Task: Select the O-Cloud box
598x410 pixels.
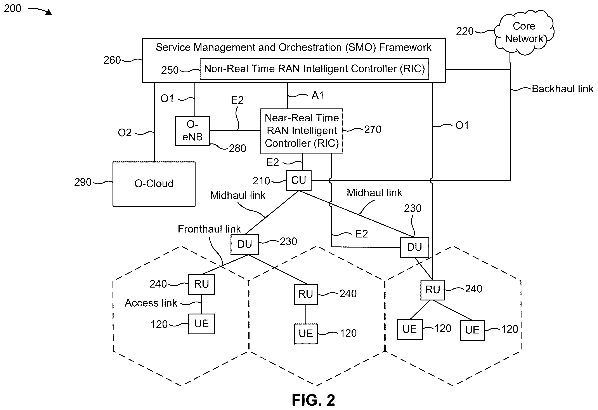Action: (x=154, y=184)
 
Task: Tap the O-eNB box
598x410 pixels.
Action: (x=192, y=131)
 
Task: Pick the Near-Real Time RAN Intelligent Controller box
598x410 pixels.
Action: (x=302, y=131)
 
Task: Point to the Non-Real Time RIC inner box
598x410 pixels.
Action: (x=314, y=69)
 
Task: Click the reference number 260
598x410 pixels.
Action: (x=112, y=60)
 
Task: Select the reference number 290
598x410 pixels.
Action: (x=83, y=182)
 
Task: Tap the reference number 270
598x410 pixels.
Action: (x=373, y=129)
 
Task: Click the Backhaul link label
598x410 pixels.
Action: (x=562, y=89)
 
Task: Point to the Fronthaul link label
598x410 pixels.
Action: (x=209, y=229)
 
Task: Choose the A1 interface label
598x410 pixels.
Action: (x=317, y=95)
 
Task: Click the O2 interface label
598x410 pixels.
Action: (x=125, y=133)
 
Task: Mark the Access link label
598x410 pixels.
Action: (x=151, y=303)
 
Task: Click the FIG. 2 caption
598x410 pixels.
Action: (x=313, y=400)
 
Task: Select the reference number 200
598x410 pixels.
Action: (x=13, y=8)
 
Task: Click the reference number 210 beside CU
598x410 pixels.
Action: (x=261, y=181)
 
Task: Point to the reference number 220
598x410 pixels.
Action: (x=465, y=31)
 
